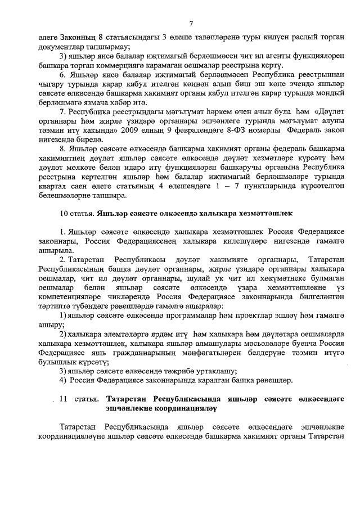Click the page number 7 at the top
[191, 23]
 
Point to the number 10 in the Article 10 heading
[64, 214]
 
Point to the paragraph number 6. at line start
[63, 75]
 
